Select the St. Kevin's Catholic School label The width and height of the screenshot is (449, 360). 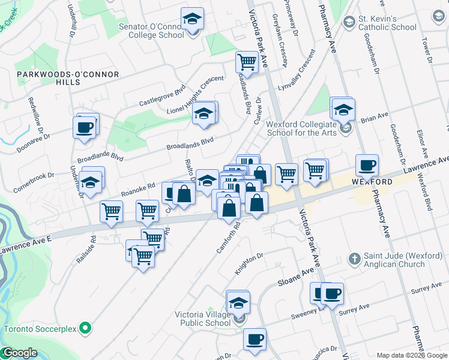click(387, 23)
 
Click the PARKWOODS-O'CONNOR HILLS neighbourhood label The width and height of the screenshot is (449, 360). click(68, 78)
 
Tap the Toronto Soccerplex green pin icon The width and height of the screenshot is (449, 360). click(85, 329)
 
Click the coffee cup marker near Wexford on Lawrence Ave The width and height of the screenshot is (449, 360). click(367, 166)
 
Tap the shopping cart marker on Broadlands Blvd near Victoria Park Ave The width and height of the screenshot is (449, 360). click(247, 62)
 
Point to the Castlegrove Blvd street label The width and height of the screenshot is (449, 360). click(162, 95)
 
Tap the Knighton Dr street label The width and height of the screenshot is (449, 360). click(249, 264)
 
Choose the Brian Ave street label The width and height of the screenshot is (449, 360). click(375, 116)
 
